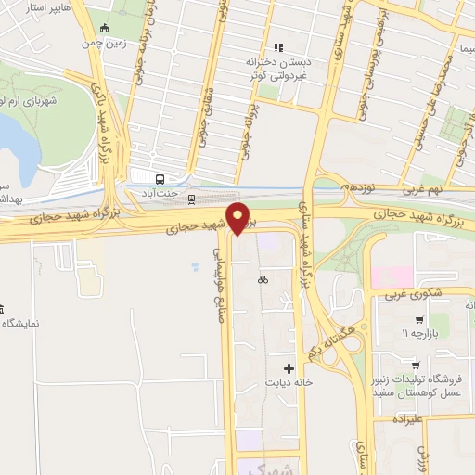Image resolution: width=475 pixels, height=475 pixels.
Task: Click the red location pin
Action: coord(239,217)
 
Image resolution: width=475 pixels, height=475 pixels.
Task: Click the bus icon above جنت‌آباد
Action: coord(160,179)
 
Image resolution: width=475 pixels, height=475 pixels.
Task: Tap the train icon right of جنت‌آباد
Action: coord(192,198)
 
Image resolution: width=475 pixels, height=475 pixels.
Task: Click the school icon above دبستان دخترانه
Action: coord(276,46)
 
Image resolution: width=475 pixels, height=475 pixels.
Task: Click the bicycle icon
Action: coord(263,278)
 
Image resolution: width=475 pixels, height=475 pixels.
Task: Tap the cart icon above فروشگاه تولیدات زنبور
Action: coord(417,365)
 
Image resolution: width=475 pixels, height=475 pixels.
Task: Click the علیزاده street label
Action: coord(407,419)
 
